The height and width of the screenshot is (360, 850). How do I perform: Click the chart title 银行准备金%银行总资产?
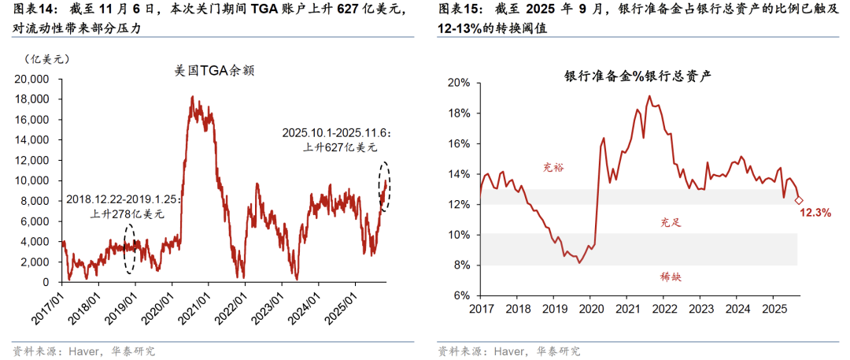[638, 76]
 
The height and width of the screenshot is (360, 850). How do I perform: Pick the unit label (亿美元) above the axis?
[46, 58]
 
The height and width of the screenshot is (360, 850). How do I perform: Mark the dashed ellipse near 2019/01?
[130, 247]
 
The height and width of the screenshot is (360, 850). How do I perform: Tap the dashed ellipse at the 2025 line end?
[385, 187]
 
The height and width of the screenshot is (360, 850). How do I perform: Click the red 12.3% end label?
[815, 213]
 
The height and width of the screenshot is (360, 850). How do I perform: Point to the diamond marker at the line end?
[799, 200]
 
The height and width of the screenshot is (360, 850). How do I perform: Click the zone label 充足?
[671, 224]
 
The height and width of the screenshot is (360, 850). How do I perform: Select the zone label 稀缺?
[671, 276]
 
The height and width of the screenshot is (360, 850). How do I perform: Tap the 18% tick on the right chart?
[459, 113]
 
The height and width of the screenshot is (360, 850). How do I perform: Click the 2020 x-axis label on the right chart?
[590, 308]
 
